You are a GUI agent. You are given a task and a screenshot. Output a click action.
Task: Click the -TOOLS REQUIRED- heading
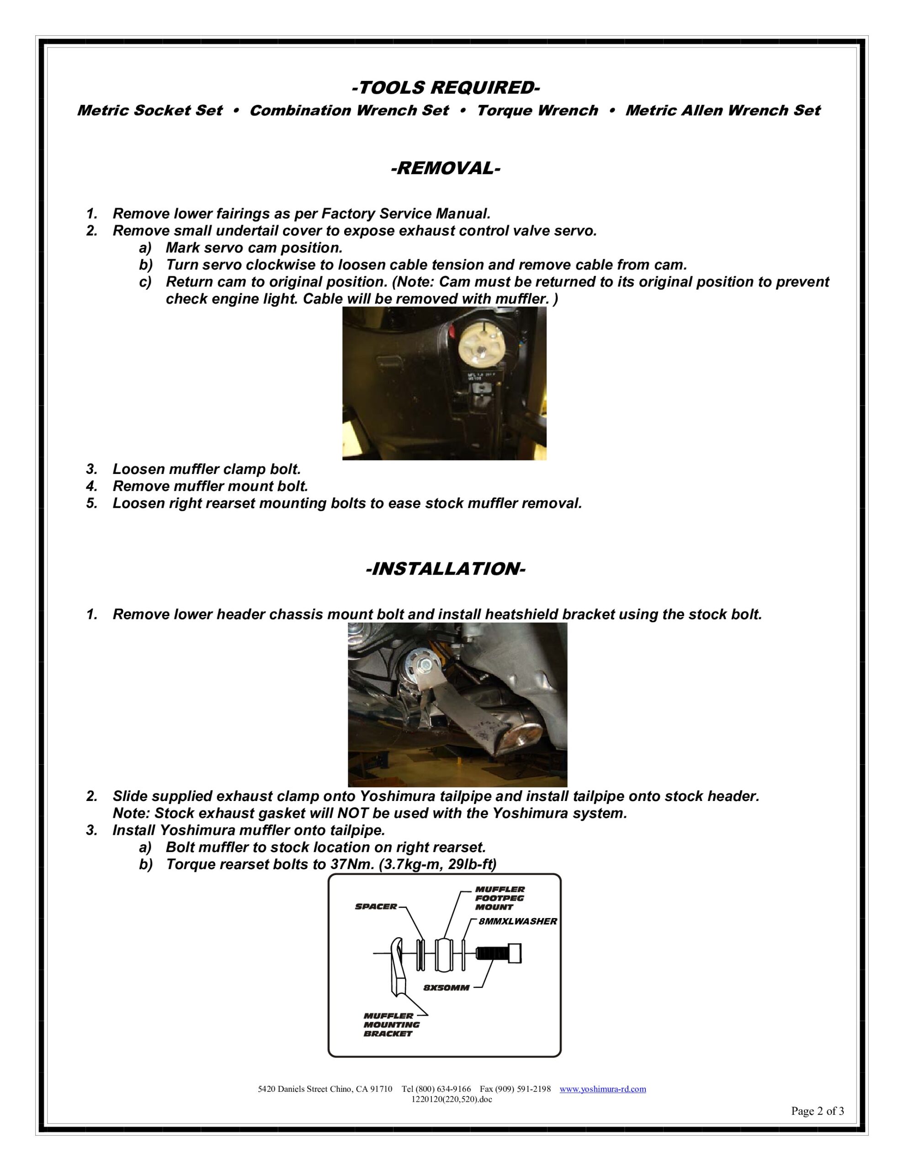pos(445,87)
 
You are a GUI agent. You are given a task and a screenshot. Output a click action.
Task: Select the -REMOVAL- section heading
pos(445,168)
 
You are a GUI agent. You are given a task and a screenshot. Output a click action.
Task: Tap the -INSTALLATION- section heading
pos(445,569)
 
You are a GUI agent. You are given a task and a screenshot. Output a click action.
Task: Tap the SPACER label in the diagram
pos(376,907)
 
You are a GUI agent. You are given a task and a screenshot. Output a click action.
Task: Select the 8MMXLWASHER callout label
pos(518,921)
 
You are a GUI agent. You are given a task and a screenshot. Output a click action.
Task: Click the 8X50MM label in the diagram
pos(447,988)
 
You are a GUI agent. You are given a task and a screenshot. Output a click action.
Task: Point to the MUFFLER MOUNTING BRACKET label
pos(391,1025)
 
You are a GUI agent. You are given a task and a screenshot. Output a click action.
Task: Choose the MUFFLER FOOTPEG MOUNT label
pos(500,898)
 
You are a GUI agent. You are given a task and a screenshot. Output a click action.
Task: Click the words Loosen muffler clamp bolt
pos(207,469)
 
